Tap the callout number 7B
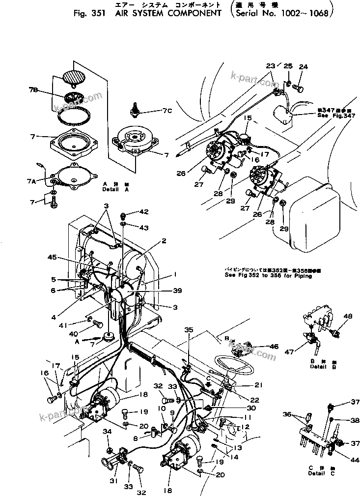pos(33,89)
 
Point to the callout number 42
pos(143,212)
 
